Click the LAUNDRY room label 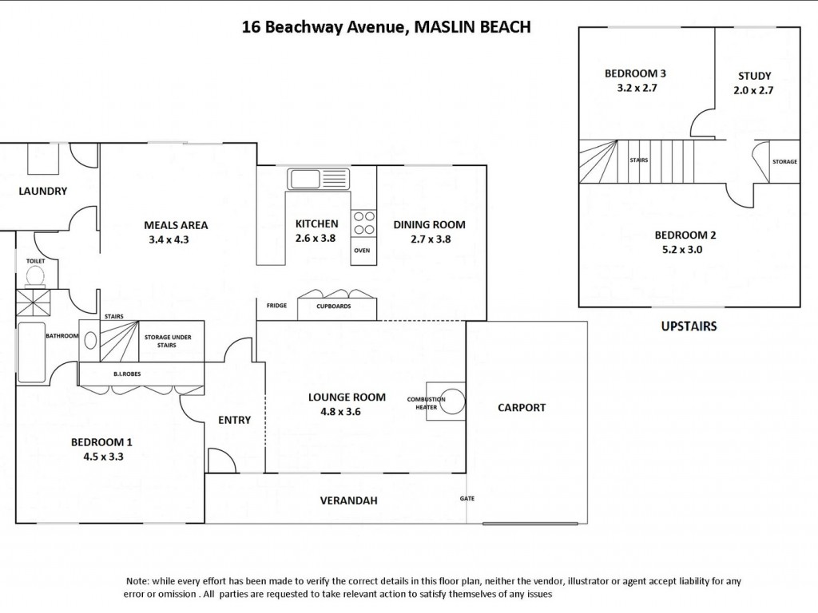pos(43,191)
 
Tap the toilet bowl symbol pos(34,275)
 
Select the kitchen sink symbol pos(304,178)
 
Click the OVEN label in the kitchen pos(362,250)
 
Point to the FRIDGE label pos(277,306)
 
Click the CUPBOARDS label pos(334,306)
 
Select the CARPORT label pos(522,407)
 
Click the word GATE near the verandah pos(467,498)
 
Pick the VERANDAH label pos(348,500)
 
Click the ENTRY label pos(234,420)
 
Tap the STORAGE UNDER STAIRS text pos(167,342)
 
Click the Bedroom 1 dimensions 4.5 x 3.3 pos(101,457)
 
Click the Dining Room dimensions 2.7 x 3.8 pos(429,239)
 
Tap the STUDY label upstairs pos(753,76)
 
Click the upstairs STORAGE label pos(784,162)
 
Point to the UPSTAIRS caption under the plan pos(689,326)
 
